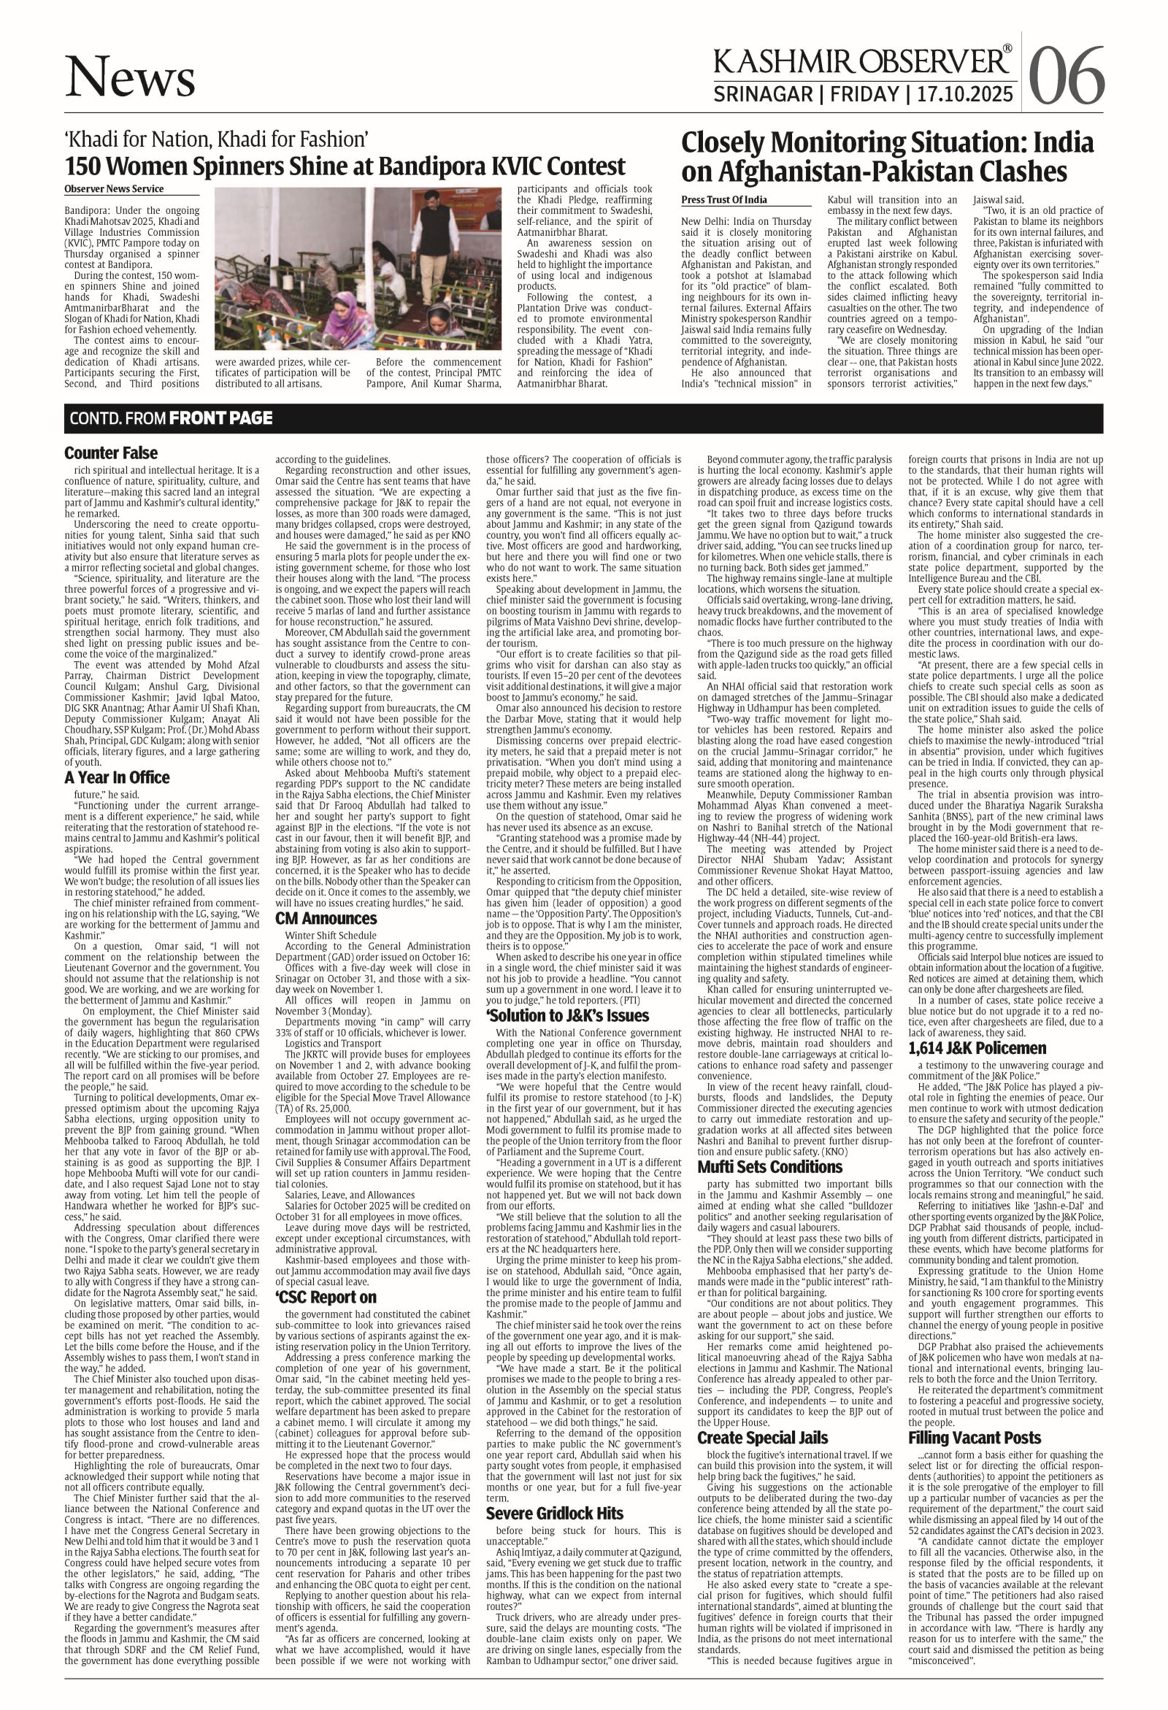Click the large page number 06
pyautogui.click(x=1067, y=75)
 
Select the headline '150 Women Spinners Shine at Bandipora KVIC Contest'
pyautogui.click(x=345, y=166)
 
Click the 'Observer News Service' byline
pyautogui.click(x=114, y=189)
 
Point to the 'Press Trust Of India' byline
pyautogui.click(x=724, y=199)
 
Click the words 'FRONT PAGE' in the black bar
pyautogui.click(x=220, y=419)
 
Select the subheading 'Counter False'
pyautogui.click(x=110, y=452)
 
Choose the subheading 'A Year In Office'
pyautogui.click(x=116, y=777)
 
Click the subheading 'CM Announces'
pyautogui.click(x=326, y=918)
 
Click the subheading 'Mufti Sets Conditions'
pyautogui.click(x=769, y=1166)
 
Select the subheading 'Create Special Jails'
pyautogui.click(x=761, y=1417)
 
